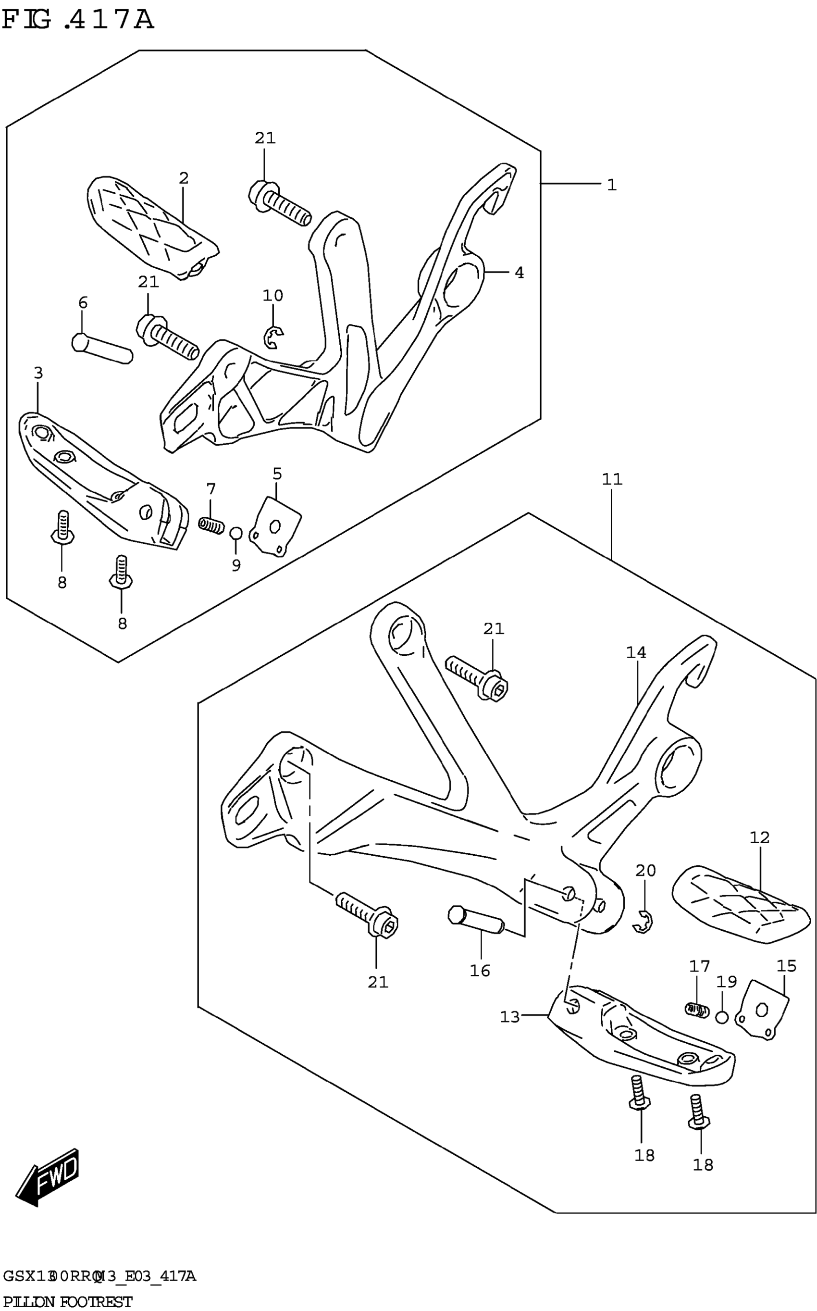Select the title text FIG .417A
(78, 21)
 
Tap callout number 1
(611, 185)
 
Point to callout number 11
(612, 479)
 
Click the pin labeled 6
(102, 349)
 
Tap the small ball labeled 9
(235, 533)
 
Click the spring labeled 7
(210, 524)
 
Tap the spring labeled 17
(696, 1009)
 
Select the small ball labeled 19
(722, 1018)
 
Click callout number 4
(519, 273)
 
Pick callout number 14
(636, 653)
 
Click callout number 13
(509, 1017)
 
